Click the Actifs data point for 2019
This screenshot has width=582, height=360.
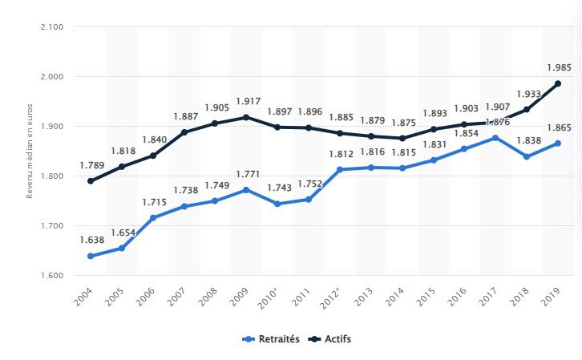click(557, 83)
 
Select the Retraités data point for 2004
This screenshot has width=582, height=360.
click(91, 257)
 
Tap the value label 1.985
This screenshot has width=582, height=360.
click(557, 67)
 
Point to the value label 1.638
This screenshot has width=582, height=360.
click(91, 239)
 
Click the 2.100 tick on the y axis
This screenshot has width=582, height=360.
click(53, 27)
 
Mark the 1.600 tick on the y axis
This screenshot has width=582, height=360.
click(53, 276)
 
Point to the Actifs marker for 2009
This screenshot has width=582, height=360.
click(246, 117)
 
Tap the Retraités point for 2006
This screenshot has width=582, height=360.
click(153, 217)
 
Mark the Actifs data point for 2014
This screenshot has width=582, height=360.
click(402, 138)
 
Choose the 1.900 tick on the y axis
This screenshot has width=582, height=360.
click(53, 127)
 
